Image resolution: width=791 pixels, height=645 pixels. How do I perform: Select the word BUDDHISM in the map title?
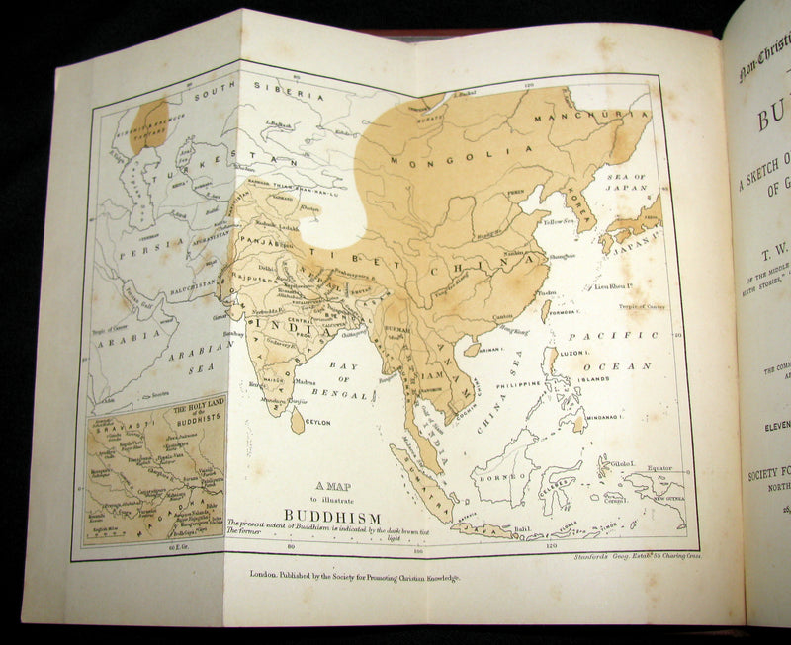(327, 514)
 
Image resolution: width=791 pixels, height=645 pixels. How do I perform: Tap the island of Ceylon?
(297, 422)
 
